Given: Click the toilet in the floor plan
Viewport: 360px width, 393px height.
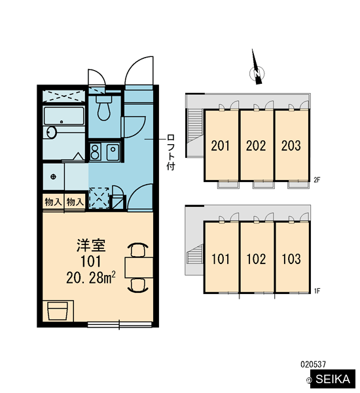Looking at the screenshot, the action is click(x=103, y=108).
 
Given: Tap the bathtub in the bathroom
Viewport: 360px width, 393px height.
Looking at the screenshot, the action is click(x=64, y=116).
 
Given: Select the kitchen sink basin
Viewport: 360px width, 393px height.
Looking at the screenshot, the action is click(x=113, y=151).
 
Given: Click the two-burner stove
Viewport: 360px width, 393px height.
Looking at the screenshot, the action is click(x=95, y=151).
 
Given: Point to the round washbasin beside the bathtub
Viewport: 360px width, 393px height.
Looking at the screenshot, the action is click(x=52, y=132).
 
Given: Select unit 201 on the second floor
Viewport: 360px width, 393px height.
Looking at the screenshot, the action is click(x=221, y=145).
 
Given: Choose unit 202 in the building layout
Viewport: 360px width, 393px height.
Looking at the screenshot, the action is click(x=257, y=145).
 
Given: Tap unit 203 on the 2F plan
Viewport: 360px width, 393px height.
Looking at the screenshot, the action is click(x=291, y=145).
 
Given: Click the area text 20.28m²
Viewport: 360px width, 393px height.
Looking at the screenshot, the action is click(x=91, y=278).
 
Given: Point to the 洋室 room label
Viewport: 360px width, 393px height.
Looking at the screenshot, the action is click(x=91, y=246).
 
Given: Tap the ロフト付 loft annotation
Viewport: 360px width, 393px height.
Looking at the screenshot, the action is click(x=171, y=152).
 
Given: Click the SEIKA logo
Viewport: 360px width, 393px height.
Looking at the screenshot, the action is click(x=333, y=379).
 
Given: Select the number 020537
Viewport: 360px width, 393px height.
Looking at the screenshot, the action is click(x=313, y=364).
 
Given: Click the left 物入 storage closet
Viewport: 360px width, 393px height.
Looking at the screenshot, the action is click(x=53, y=202).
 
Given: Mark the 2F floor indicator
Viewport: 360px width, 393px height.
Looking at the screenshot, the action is click(x=317, y=179).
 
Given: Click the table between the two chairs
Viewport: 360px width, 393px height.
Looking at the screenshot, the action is click(x=139, y=267).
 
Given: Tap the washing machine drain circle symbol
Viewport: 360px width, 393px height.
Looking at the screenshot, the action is click(x=53, y=177).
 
